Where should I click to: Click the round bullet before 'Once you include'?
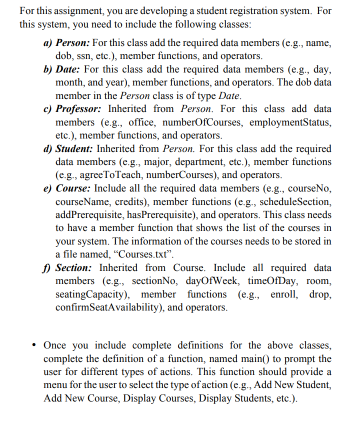(x=33, y=345)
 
